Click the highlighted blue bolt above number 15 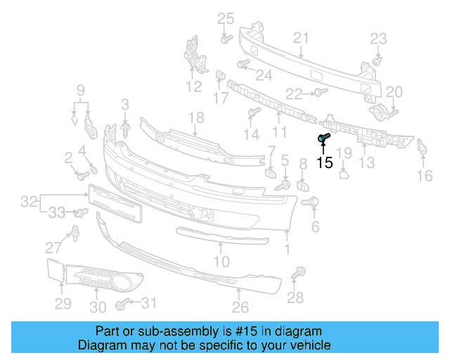coord(323,139)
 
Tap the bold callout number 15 coord(324,163)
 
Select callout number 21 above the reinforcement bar coord(301,38)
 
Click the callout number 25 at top coord(225,18)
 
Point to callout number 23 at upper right coord(378,38)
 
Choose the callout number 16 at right coord(425,175)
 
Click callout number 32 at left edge coord(29,202)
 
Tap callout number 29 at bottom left coord(63,303)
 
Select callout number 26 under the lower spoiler coord(240,307)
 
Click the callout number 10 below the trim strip coord(221,262)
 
